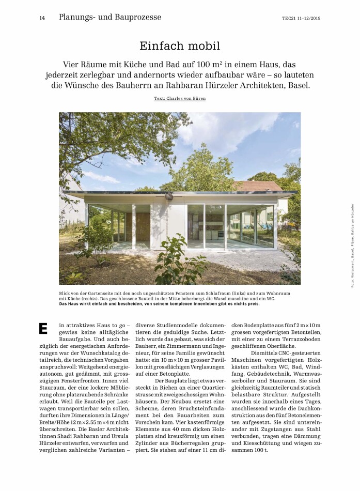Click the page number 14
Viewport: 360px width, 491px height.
tap(42, 18)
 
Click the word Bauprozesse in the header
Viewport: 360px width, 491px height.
tap(135, 17)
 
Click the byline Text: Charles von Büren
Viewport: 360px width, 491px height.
tap(180, 98)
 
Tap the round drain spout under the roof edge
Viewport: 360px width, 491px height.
tap(168, 196)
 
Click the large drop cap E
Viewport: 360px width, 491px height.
tap(43, 328)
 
